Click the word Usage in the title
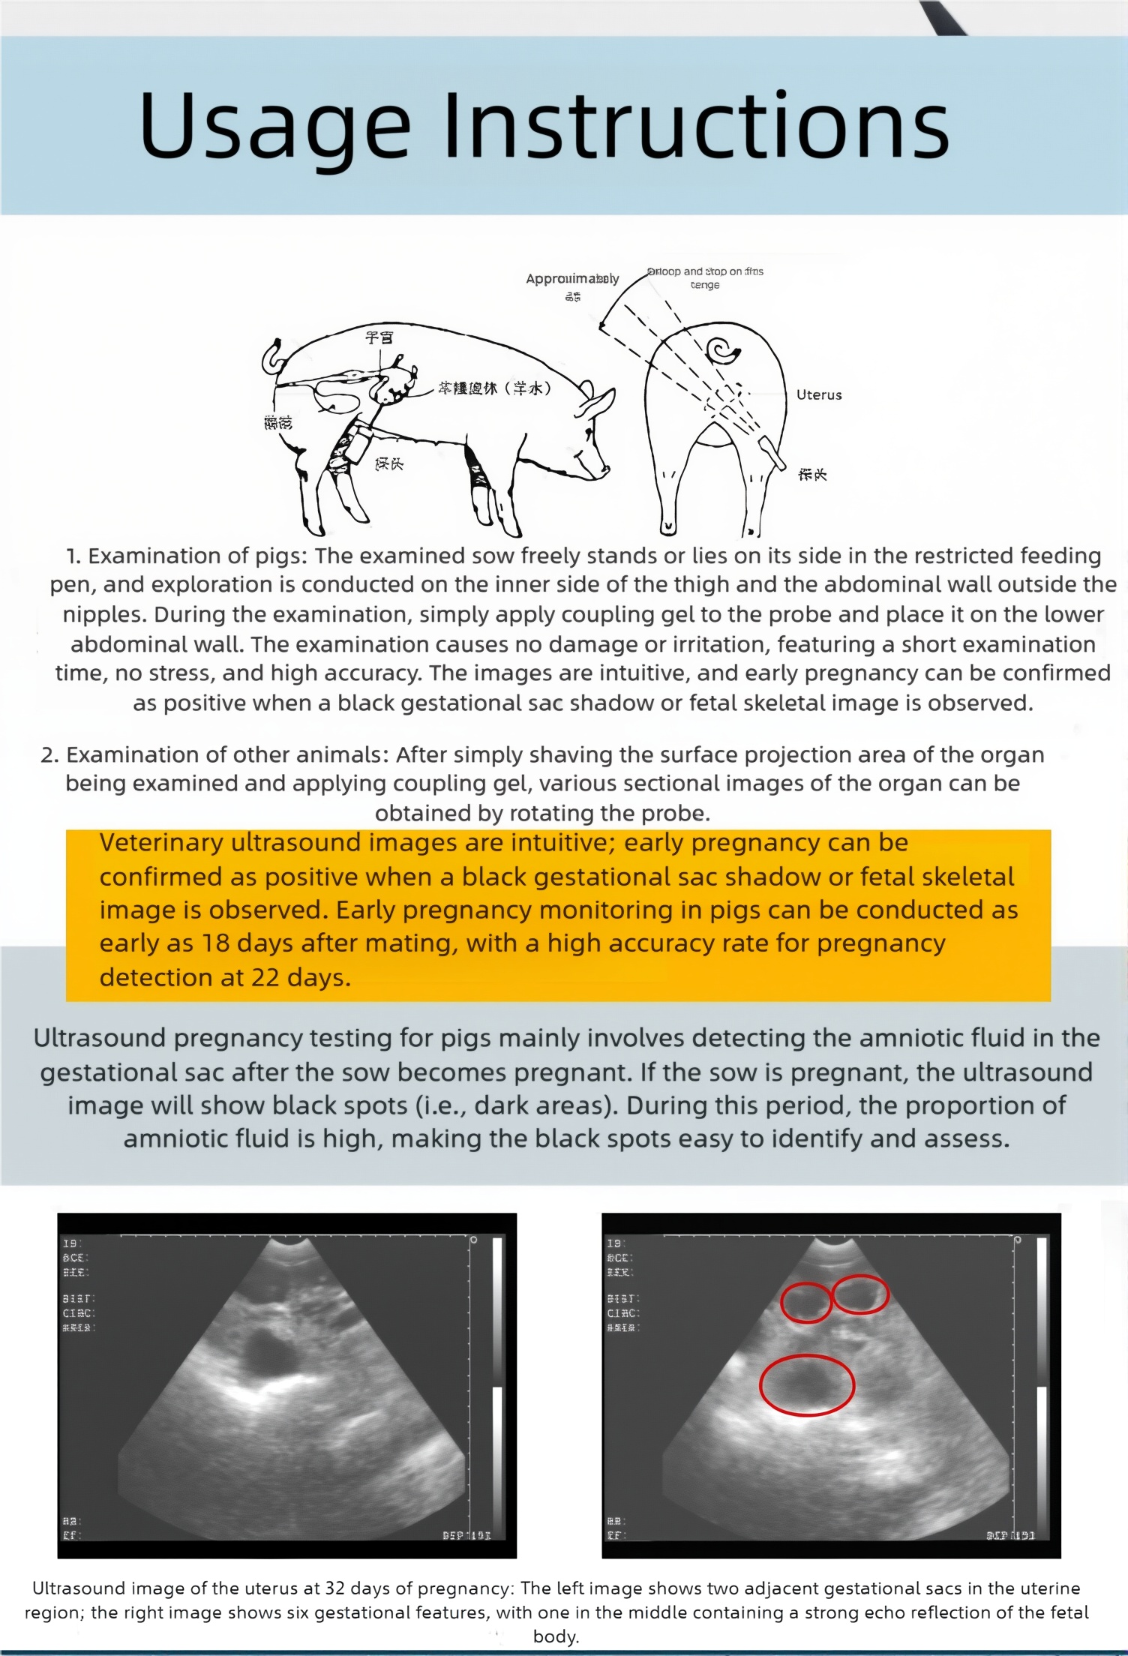[x=274, y=126]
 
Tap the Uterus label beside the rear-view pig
[x=819, y=394]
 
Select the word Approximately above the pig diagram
[x=572, y=279]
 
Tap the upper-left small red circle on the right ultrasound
[x=806, y=1303]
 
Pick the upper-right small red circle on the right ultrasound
[x=860, y=1294]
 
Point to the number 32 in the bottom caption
[x=334, y=1588]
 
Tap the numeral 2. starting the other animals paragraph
[x=49, y=755]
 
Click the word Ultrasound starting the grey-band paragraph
[x=99, y=1039]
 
